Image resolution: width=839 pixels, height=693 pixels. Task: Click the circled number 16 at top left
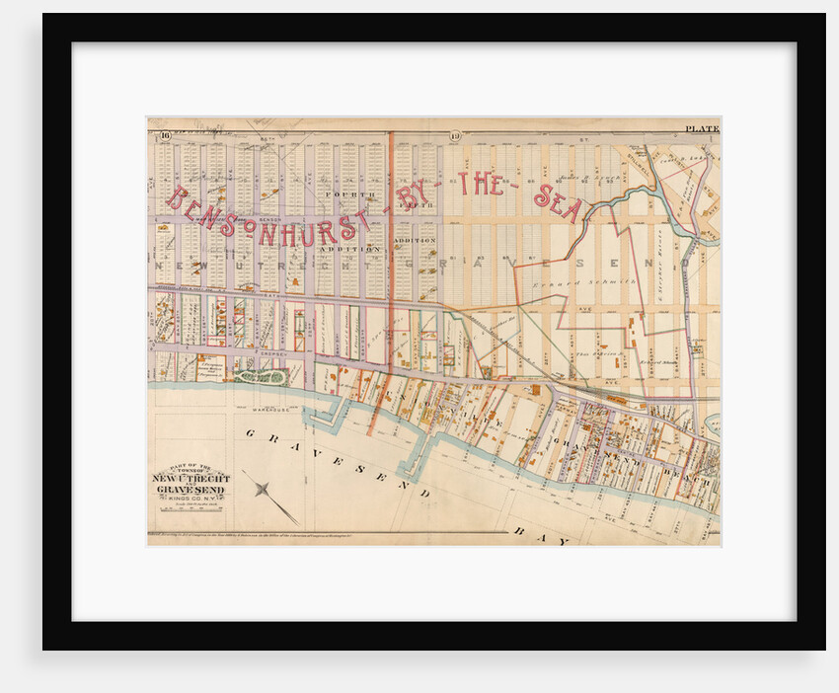(167, 135)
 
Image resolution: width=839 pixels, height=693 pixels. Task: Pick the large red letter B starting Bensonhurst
(178, 198)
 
